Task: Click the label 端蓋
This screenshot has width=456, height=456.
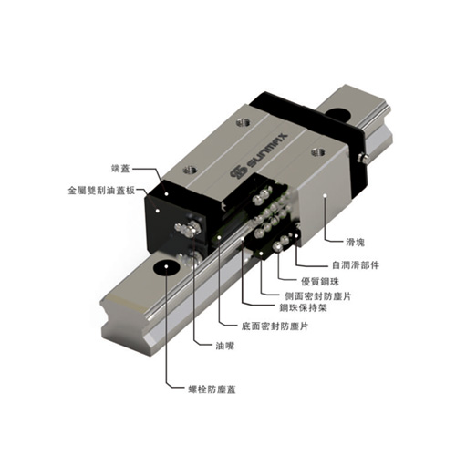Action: click(120, 169)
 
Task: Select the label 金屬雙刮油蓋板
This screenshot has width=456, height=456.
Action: click(101, 191)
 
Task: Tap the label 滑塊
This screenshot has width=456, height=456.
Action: click(355, 242)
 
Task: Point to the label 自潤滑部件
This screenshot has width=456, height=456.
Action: click(356, 265)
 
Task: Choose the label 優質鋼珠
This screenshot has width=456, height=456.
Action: click(320, 282)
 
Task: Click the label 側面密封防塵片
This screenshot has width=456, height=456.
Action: click(318, 296)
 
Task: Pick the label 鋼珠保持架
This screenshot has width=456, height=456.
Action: click(303, 308)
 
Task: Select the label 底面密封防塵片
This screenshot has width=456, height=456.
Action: click(275, 326)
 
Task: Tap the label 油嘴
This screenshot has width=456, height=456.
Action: click(225, 346)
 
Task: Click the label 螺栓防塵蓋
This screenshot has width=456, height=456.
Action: click(212, 389)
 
